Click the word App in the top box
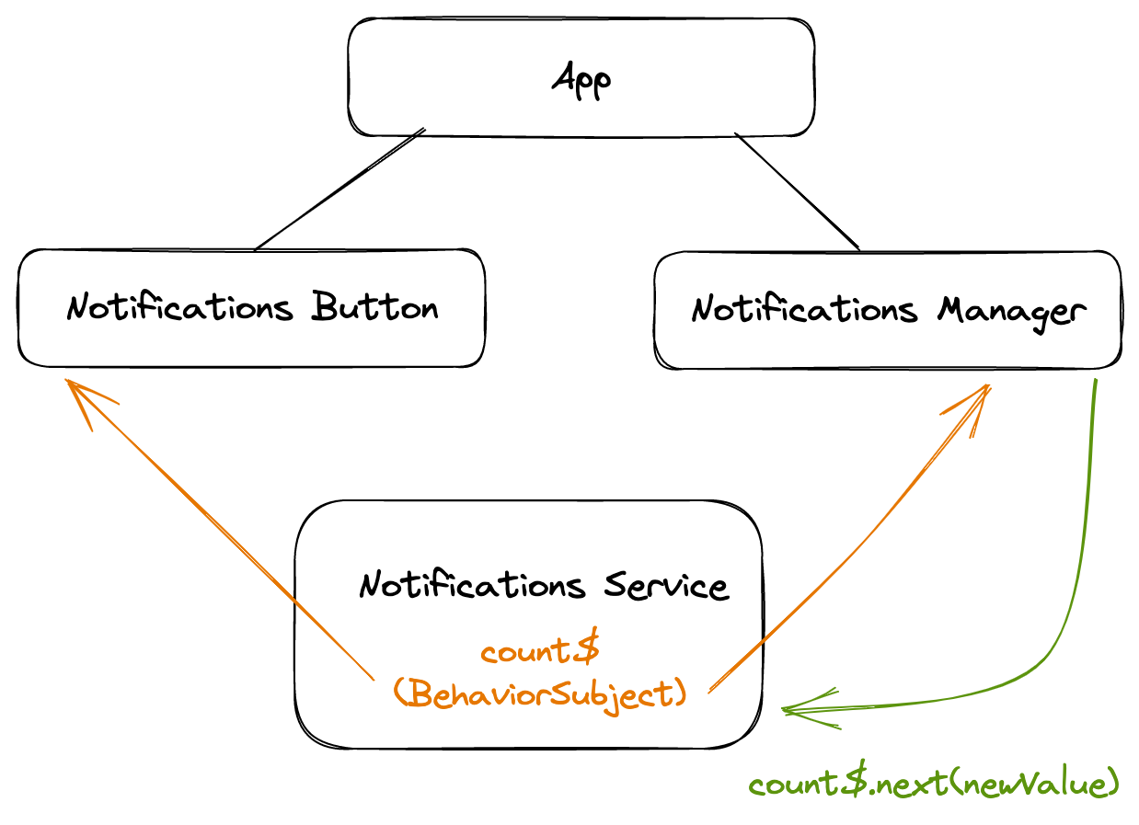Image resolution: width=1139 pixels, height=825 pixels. coord(581,81)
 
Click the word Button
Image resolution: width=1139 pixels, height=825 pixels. coord(374,307)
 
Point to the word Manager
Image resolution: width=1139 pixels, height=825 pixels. coord(1010,311)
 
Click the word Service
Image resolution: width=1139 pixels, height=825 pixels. coord(666,586)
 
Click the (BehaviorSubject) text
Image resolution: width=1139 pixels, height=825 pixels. coord(539,693)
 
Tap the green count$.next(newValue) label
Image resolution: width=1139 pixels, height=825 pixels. coord(934,785)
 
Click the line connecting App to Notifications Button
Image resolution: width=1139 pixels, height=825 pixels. coord(339,189)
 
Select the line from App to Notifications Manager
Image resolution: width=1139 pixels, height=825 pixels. coord(797,190)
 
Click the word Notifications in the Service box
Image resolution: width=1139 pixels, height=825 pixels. coord(472,586)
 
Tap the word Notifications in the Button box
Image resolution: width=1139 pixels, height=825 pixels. coord(180,307)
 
